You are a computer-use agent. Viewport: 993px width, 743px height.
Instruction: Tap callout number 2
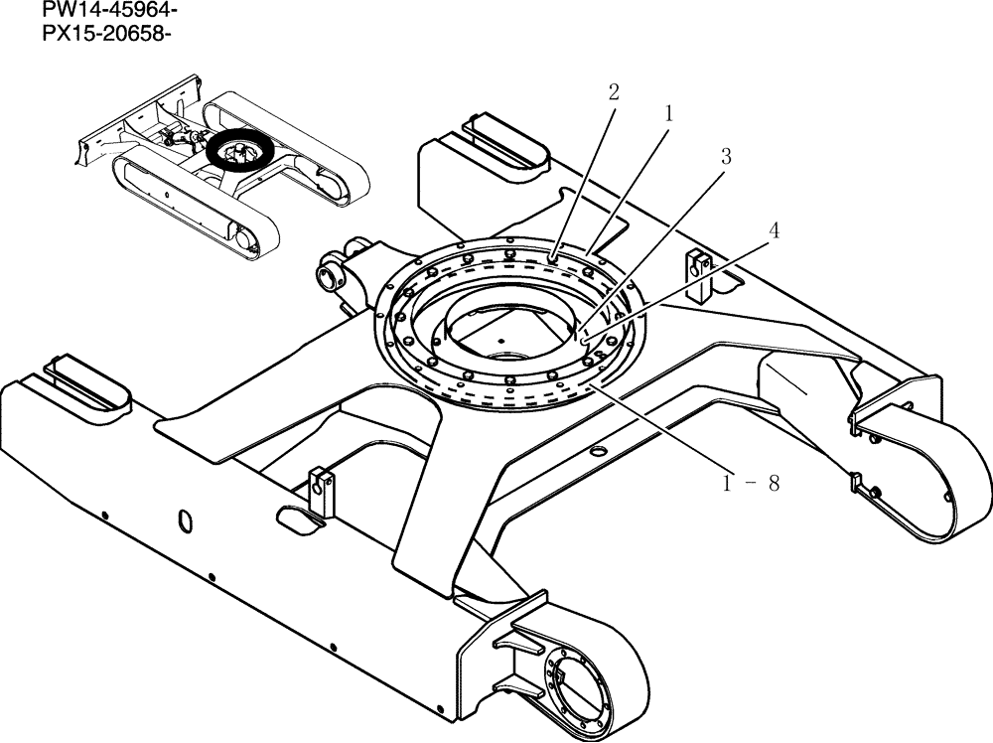614,92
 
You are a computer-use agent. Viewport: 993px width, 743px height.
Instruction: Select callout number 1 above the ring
668,114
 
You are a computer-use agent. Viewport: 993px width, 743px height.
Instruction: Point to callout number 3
726,156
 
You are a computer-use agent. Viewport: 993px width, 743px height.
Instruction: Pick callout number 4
774,229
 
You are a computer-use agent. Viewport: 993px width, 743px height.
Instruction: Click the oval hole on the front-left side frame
184,520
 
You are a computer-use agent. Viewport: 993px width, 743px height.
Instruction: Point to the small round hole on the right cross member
597,452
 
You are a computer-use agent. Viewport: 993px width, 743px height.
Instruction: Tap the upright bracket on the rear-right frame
699,272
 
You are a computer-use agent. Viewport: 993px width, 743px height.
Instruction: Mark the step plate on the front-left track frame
88,383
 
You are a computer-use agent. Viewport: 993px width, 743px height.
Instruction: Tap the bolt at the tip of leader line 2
554,261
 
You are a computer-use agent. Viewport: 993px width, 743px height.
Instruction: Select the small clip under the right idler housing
857,484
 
